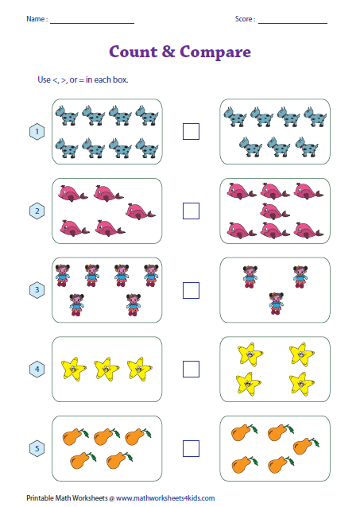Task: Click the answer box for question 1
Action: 191,131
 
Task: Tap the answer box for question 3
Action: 191,290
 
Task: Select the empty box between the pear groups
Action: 191,448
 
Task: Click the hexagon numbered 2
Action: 37,211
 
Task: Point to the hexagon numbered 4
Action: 37,370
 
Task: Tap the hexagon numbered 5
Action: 37,448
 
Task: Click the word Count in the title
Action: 133,52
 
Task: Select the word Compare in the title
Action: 215,52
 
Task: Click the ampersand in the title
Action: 168,52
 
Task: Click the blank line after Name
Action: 92,23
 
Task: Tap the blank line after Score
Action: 292,23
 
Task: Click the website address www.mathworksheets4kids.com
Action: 165,498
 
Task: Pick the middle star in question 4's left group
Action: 106,368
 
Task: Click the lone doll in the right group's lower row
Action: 277,304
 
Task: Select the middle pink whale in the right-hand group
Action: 274,211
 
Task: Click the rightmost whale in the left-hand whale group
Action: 140,211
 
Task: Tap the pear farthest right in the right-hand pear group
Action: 306,446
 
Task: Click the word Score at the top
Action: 243,19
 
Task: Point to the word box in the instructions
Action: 120,79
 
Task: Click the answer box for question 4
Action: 191,369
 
